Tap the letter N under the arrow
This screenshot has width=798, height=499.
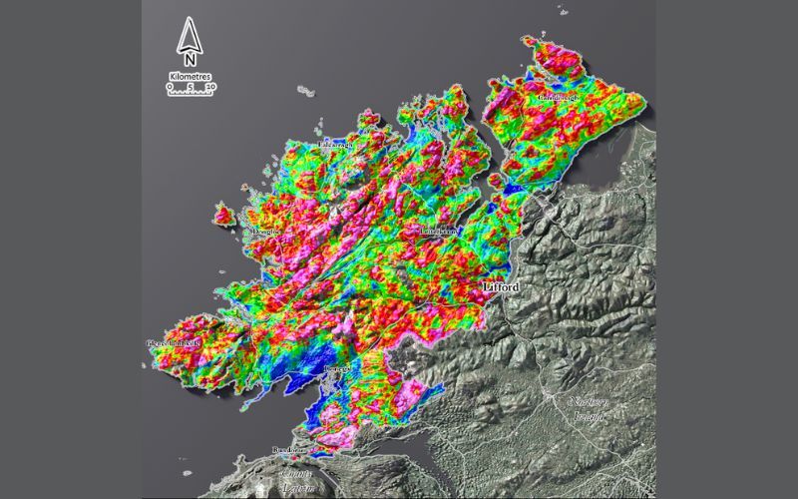190,70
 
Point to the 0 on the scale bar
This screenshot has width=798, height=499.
171,87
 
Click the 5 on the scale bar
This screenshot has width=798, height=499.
190,87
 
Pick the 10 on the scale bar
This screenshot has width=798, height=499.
209,87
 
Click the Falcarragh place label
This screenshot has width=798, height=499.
334,145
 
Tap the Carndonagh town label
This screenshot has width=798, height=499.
558,98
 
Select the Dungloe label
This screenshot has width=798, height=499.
268,232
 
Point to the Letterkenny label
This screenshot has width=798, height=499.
438,231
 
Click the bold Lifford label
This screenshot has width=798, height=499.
501,287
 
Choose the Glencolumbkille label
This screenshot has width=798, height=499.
174,342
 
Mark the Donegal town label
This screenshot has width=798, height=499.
337,369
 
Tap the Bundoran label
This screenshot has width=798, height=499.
289,451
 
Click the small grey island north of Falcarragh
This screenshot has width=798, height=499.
304,90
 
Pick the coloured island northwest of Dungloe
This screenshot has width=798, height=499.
223,213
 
